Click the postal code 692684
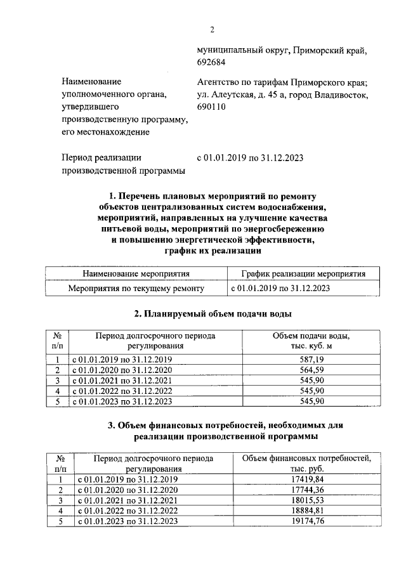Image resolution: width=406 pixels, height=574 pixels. click(213, 62)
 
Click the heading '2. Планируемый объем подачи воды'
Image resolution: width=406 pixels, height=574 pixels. click(213, 313)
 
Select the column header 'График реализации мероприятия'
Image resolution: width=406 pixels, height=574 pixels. click(296, 274)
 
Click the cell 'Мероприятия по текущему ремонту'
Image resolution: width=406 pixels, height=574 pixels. click(136, 288)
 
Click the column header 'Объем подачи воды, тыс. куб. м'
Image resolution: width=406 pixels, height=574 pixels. click(311, 341)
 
